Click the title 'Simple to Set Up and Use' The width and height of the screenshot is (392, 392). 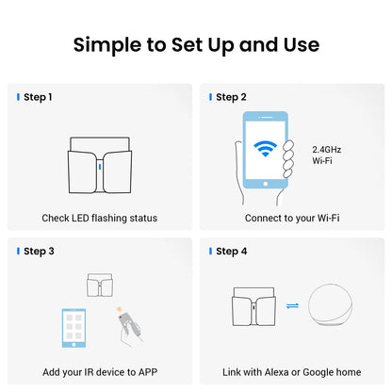196,44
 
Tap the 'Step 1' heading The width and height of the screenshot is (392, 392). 38,97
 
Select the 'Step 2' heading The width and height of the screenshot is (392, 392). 231,97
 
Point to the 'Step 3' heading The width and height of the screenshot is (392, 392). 39,252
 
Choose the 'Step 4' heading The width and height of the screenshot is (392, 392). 232,252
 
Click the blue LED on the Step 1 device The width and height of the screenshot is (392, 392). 100,167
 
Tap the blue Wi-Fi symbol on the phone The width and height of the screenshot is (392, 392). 266,149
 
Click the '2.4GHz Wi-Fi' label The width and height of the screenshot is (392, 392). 327,155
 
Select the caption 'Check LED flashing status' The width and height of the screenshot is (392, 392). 100,218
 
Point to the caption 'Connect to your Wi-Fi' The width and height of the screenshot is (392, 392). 292,218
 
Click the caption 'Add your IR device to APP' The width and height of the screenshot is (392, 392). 100,372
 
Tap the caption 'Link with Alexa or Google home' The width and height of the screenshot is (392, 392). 292,372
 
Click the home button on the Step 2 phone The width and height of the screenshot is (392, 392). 266,184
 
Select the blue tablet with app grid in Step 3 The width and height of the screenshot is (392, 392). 73,328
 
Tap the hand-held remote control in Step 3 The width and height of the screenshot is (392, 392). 129,327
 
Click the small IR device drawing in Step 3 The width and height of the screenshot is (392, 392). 100,285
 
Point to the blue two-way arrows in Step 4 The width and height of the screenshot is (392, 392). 293,305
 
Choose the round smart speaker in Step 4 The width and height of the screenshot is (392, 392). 330,306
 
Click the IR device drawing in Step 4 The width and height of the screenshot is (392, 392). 253,306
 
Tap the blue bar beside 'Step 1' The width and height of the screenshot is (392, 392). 18,97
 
